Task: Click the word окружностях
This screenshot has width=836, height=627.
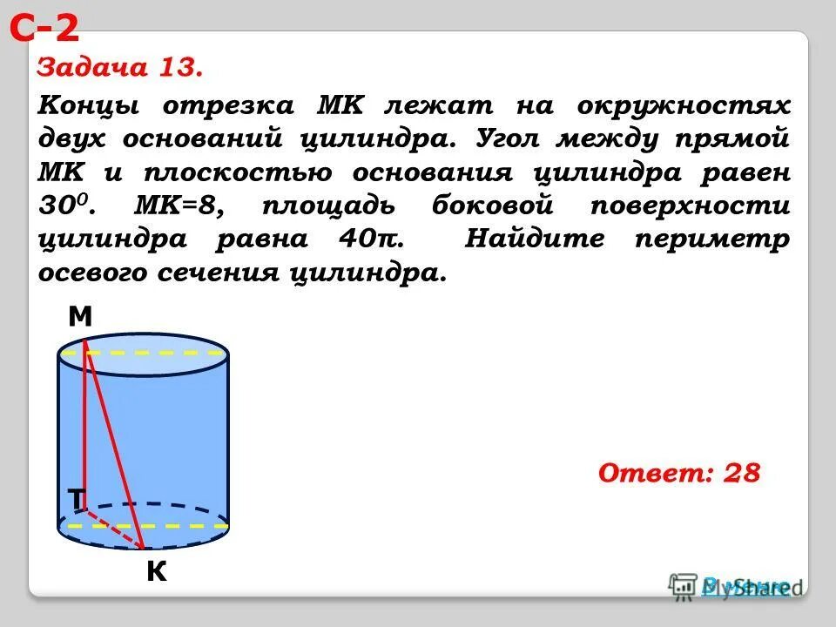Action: (683, 106)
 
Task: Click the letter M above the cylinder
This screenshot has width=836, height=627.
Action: (80, 318)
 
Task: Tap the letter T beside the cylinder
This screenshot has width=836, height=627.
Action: (76, 498)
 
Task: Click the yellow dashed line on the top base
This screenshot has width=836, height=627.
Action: (157, 354)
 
